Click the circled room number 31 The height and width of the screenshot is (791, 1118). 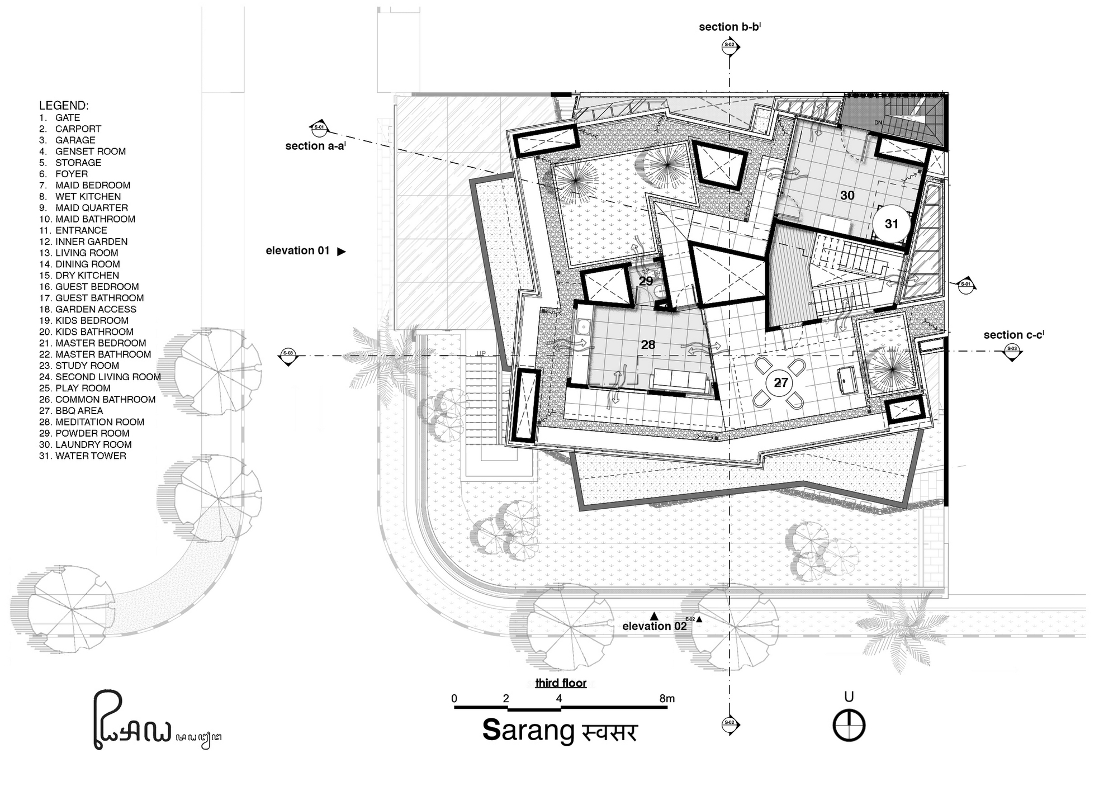click(891, 224)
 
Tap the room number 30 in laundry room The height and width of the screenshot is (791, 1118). click(847, 195)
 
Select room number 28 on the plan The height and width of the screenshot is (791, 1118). click(648, 345)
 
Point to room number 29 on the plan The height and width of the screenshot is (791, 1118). click(646, 281)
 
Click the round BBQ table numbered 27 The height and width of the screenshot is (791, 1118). click(780, 383)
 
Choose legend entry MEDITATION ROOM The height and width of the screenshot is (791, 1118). click(99, 422)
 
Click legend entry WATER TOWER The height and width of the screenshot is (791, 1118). click(90, 456)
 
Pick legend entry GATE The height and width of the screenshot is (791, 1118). click(67, 117)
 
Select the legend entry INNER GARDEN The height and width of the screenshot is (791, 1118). click(91, 241)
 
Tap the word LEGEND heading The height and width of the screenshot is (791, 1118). click(63, 106)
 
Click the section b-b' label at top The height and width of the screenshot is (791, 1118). click(729, 27)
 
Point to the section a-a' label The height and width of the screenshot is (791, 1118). click(315, 146)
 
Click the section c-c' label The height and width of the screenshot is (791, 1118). click(1013, 335)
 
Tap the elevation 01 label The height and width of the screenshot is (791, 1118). click(297, 251)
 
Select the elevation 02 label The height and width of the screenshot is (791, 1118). click(654, 626)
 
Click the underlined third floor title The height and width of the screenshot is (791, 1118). click(561, 683)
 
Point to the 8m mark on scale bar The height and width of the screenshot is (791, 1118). click(667, 698)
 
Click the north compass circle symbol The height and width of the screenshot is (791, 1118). click(849, 726)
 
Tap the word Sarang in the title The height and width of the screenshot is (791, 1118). click(528, 731)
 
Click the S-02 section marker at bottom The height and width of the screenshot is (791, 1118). click(729, 724)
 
